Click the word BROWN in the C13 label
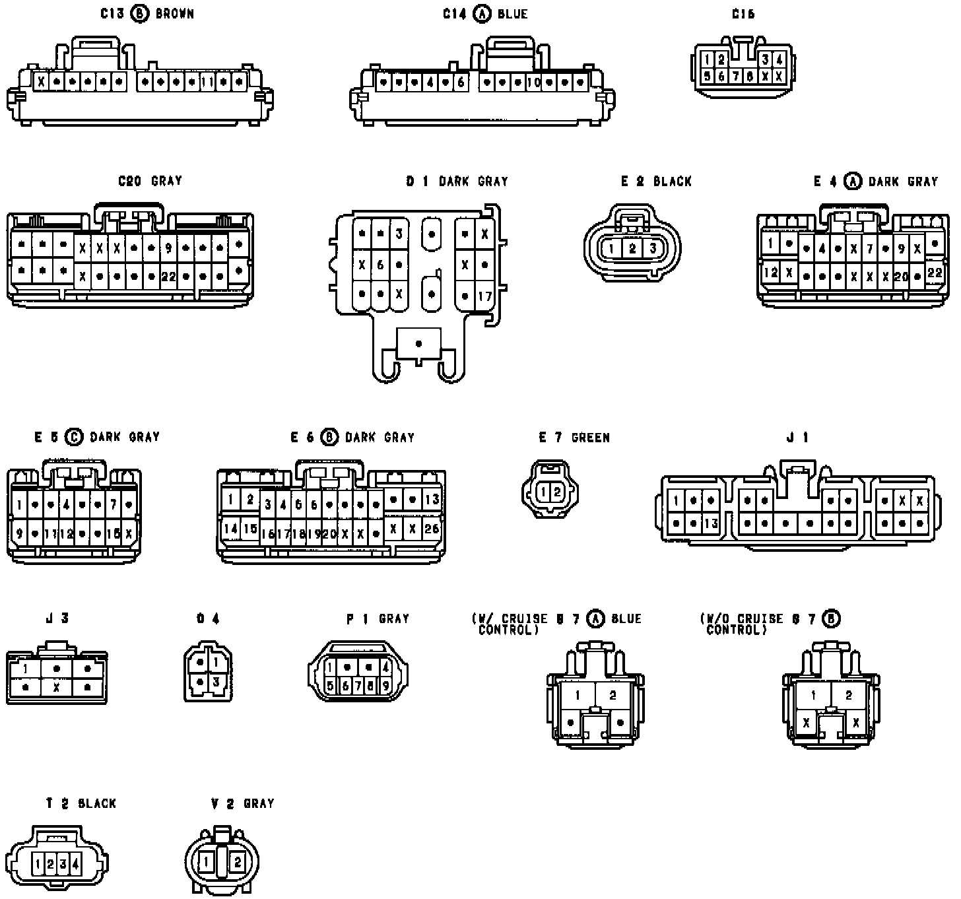175,14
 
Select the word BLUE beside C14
512,14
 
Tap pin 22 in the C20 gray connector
168,277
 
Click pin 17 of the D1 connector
485,296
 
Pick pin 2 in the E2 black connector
632,249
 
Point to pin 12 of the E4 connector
770,271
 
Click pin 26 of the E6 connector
432,528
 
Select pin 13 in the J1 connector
710,524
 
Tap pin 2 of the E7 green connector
557,492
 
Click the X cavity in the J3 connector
57,687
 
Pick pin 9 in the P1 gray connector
386,686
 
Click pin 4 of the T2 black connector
75,863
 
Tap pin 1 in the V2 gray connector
207,861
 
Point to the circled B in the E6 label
329,437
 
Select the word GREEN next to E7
591,438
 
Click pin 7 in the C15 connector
735,76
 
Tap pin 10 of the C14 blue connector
534,83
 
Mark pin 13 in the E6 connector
432,500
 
